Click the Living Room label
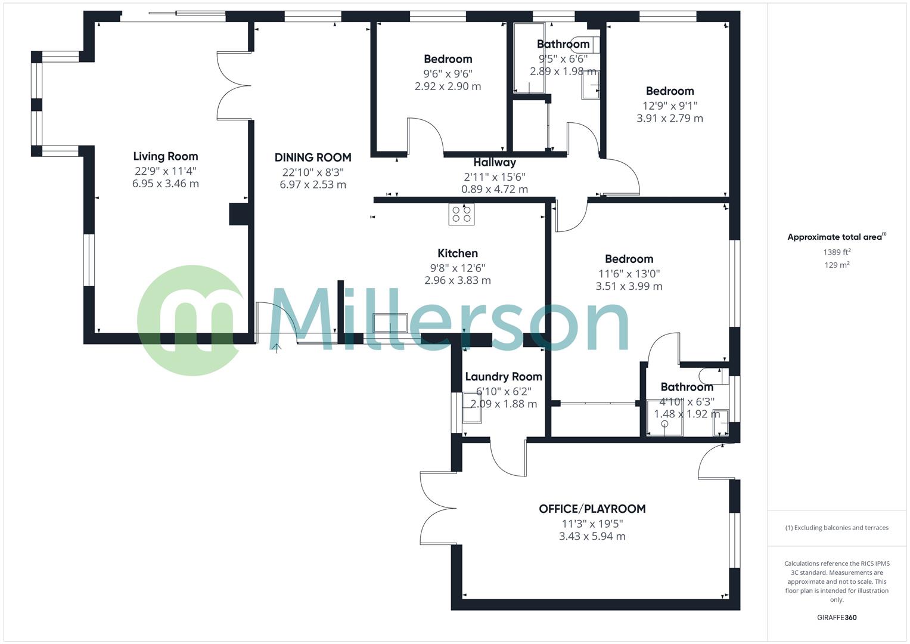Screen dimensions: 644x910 tap(165, 156)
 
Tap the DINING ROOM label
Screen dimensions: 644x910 tap(313, 157)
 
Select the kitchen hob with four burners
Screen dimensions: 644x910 tap(461, 214)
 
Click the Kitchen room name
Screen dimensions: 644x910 tap(457, 253)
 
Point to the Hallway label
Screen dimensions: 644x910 tap(495, 162)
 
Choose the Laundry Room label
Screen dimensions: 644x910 tap(503, 376)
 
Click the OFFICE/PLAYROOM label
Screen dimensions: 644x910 tap(592, 509)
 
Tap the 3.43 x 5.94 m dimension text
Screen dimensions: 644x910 tap(592, 536)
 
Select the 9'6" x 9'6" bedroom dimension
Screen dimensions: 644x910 tap(448, 73)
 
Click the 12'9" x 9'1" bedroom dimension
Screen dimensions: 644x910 tap(670, 106)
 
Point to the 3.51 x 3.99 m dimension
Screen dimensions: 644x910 tap(629, 286)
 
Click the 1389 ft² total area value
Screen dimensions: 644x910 tap(837, 252)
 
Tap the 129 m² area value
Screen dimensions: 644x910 tap(837, 265)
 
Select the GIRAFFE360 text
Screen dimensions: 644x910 tap(836, 617)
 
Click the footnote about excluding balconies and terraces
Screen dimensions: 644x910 tap(837, 528)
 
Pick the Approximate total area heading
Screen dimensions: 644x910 tap(836, 237)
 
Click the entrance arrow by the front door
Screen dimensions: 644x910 tap(277, 348)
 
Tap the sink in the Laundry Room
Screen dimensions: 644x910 tap(471, 409)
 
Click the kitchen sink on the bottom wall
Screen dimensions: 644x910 tap(390, 323)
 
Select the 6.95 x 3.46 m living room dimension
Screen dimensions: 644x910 tap(165, 184)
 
